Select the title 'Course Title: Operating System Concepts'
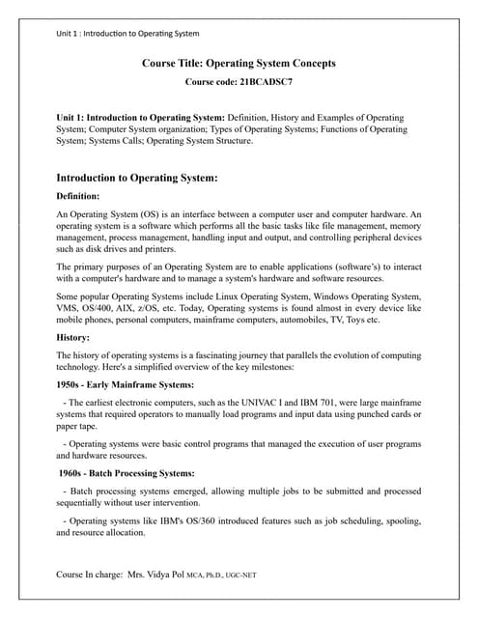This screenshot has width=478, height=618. pyautogui.click(x=239, y=64)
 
